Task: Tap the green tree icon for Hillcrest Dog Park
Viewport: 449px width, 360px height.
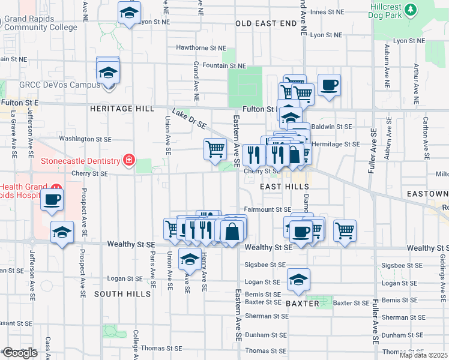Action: [x=411, y=9]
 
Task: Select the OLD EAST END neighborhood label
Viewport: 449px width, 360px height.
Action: [x=266, y=23]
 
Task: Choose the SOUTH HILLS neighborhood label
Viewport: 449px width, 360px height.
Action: [x=122, y=294]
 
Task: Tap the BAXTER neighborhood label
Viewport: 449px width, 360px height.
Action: [x=303, y=304]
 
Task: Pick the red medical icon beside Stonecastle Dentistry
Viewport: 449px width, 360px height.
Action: [x=128, y=160]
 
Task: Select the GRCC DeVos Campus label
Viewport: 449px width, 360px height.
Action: [x=59, y=85]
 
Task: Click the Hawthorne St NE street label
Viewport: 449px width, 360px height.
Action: [x=201, y=48]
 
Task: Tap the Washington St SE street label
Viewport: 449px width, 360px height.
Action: [x=85, y=139]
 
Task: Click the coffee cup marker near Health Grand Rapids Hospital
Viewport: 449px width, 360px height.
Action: [x=52, y=199]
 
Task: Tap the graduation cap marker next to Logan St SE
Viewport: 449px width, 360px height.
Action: [x=298, y=278]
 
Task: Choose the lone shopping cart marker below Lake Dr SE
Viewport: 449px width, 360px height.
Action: [x=215, y=149]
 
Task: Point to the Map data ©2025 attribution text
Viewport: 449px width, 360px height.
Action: [x=423, y=355]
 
